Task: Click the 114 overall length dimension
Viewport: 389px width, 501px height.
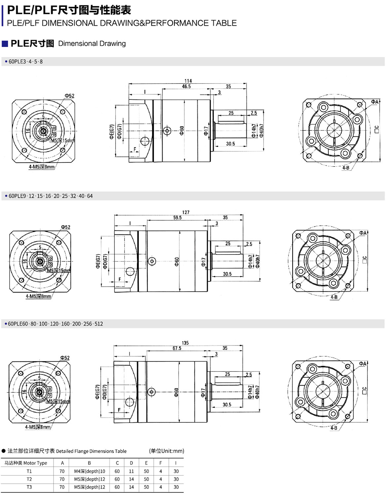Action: [188, 81]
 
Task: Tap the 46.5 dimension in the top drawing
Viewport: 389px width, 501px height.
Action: [186, 86]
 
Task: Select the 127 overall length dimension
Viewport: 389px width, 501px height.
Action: [186, 212]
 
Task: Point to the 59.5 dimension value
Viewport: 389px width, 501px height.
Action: [177, 218]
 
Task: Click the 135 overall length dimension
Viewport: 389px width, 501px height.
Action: [185, 343]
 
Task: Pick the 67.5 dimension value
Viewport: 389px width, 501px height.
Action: [177, 348]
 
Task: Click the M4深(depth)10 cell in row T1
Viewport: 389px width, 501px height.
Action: [89, 471]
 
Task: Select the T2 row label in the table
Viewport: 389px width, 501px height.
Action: [29, 479]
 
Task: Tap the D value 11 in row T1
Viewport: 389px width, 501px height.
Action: [131, 471]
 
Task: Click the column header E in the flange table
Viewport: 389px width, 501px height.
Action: [146, 463]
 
